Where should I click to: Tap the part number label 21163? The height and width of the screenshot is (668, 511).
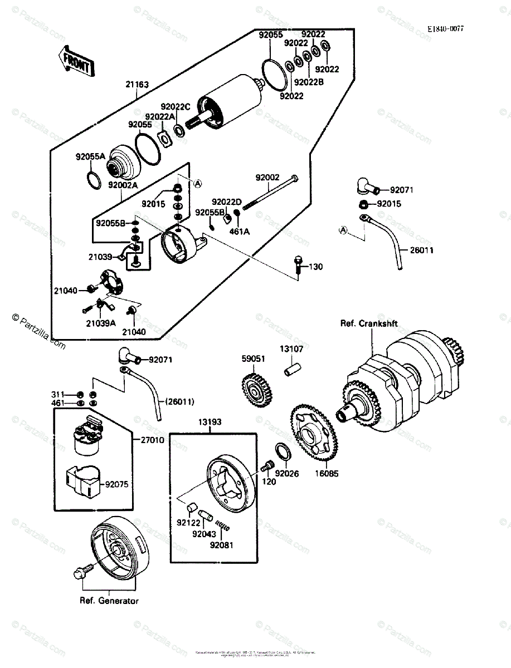click(x=137, y=85)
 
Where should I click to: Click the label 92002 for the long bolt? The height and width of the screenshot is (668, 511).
click(x=267, y=178)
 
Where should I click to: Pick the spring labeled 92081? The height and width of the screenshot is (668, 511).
click(x=222, y=525)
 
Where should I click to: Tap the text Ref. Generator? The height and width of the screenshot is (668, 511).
click(x=109, y=601)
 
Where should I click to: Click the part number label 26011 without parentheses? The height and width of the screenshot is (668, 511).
click(x=421, y=250)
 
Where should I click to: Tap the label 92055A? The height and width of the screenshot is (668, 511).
click(x=90, y=157)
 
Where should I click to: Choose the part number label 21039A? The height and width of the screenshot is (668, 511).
click(x=100, y=322)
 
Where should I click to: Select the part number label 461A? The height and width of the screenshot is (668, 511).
click(x=239, y=231)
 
